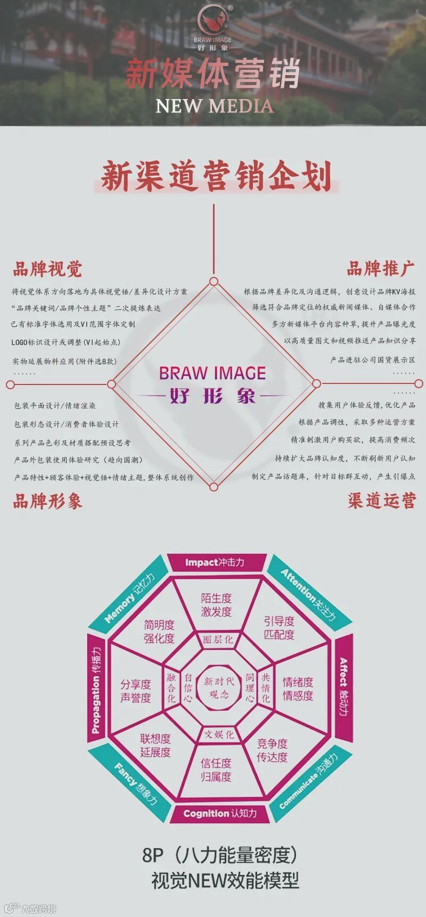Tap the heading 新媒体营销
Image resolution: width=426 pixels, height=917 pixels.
[x=213, y=74]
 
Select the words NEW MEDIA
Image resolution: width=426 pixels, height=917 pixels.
[x=214, y=106]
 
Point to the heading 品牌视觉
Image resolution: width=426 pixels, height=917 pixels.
[x=47, y=269]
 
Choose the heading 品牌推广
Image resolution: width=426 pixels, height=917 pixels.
[x=380, y=268]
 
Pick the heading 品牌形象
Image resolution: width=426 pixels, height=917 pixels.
[x=47, y=501]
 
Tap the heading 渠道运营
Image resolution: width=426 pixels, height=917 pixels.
[x=381, y=501]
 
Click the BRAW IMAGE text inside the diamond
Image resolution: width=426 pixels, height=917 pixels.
[x=212, y=373]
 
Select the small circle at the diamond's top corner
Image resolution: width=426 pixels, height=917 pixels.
[x=214, y=281]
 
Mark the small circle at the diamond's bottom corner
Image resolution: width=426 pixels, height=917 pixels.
[x=214, y=487]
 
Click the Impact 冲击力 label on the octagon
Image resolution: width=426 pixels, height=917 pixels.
[x=215, y=562]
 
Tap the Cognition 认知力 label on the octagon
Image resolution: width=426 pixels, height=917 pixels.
[x=219, y=813]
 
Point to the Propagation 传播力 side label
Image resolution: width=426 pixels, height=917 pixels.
[x=96, y=690]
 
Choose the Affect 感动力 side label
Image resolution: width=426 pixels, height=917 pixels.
[x=343, y=687]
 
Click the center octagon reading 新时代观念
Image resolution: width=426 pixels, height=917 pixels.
[x=218, y=687]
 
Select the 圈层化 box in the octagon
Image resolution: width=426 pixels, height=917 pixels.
[x=218, y=640]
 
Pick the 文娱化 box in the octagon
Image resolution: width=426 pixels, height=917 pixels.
[x=218, y=734]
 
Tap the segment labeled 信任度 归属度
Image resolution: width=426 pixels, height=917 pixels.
[x=216, y=769]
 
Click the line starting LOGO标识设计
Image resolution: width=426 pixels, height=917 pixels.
[x=65, y=342]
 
